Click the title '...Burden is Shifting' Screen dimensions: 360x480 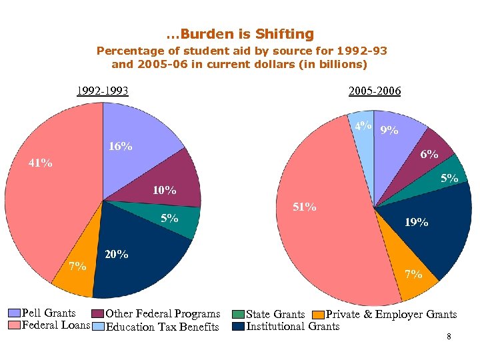[240, 34]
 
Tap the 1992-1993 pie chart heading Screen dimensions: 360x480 [102, 91]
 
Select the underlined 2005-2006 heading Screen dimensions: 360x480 [375, 91]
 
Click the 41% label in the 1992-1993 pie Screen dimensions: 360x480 [40, 163]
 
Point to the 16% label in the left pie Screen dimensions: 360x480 [120, 147]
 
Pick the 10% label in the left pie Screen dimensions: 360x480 [164, 191]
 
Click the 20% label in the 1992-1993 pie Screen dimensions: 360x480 [117, 254]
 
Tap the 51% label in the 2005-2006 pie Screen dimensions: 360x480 [304, 207]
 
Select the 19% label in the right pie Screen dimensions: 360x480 [417, 223]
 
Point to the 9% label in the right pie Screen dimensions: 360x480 [389, 131]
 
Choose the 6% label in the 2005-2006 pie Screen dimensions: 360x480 [429, 155]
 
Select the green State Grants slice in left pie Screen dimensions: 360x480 [183, 220]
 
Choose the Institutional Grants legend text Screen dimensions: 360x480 [293, 326]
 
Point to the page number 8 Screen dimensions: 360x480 [449, 337]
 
